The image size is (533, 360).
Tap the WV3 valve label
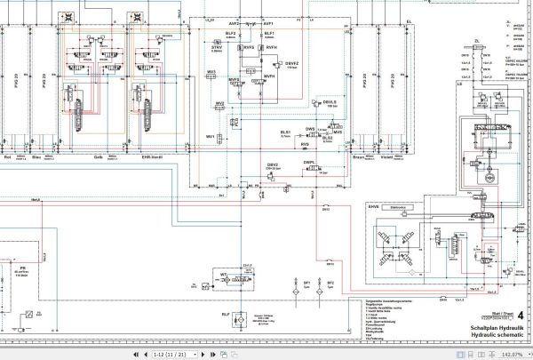point(211,72)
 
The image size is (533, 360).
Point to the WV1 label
point(211,136)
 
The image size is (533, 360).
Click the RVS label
point(305,144)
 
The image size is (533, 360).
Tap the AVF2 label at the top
point(235,22)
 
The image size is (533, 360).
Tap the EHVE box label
point(374,207)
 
